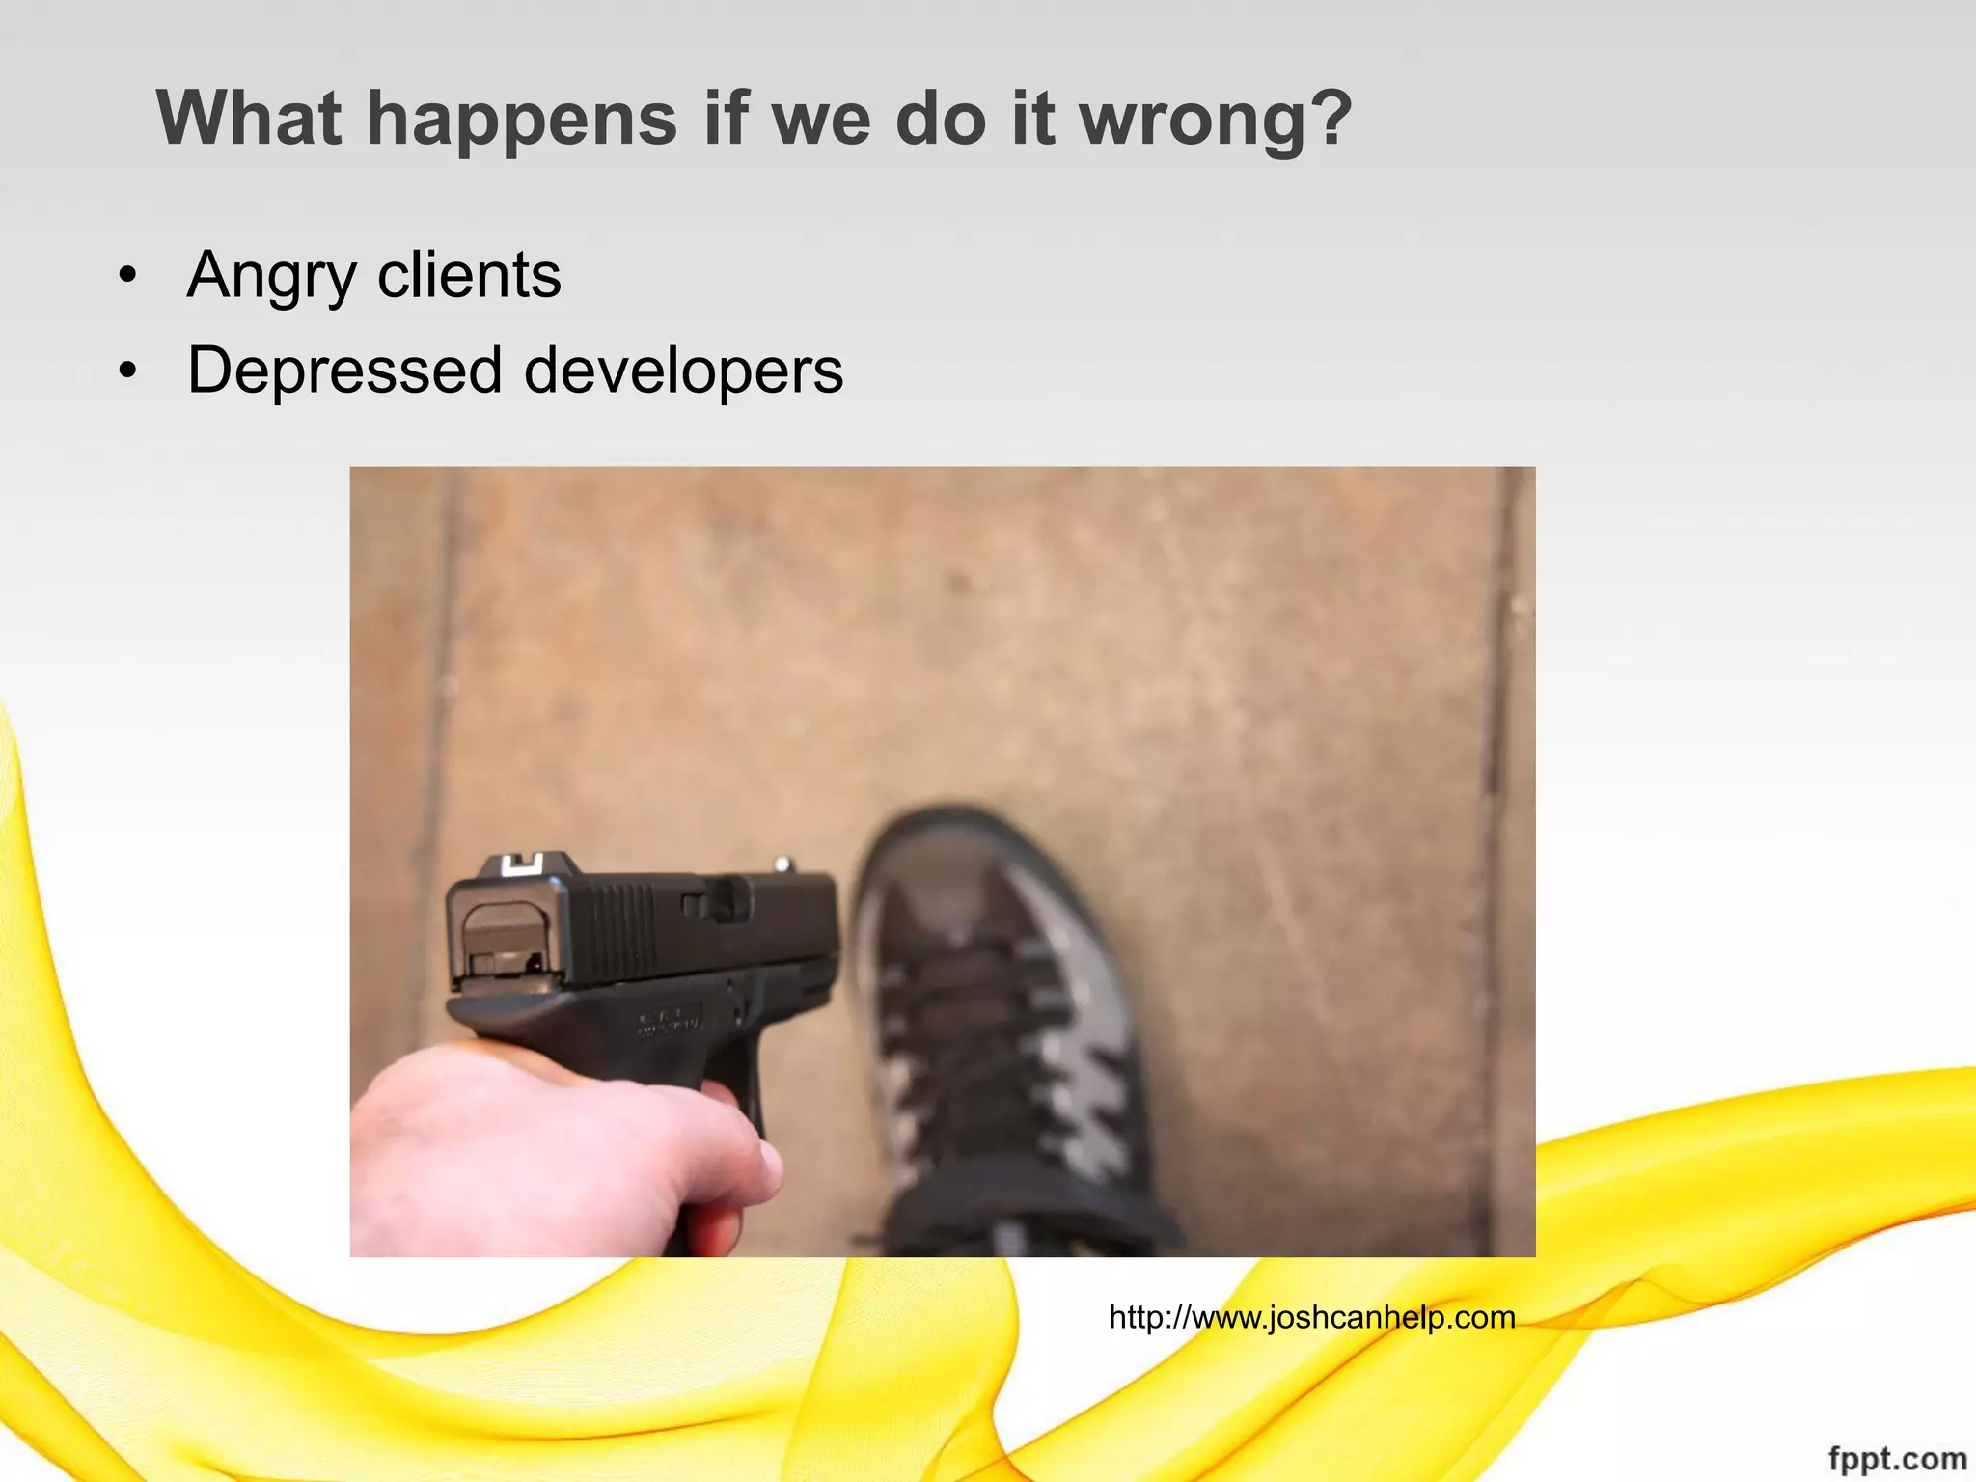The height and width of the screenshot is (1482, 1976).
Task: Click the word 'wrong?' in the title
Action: (1216, 120)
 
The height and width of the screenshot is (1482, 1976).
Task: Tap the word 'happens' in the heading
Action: (522, 120)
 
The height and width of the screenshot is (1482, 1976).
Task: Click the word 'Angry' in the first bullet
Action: (272, 277)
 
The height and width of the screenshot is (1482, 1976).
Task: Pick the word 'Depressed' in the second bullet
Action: (344, 371)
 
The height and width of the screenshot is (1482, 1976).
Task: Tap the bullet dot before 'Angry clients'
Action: (127, 277)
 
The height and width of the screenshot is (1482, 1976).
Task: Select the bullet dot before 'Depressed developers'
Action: (127, 371)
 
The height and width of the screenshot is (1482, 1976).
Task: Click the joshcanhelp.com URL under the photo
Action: (1311, 1317)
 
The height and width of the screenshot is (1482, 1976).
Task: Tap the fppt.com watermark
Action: (1897, 1458)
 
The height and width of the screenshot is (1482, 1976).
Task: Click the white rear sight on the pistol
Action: (522, 864)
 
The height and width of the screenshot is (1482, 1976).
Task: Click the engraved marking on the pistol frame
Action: (668, 1023)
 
